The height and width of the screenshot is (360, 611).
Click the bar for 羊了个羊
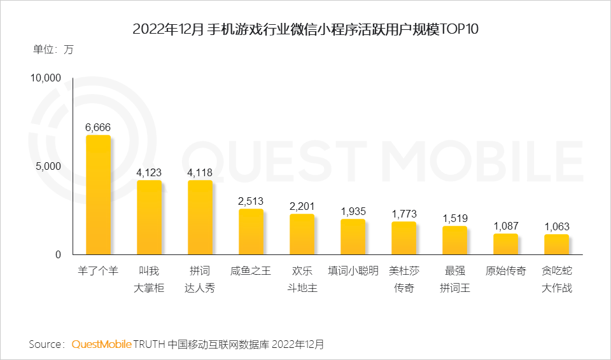pos(98,195)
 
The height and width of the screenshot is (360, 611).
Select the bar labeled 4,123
pos(149,218)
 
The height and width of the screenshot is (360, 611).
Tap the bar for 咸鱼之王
pos(251,232)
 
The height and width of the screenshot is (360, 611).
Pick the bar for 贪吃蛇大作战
pos(556,244)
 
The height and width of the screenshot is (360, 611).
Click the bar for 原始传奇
pos(505,244)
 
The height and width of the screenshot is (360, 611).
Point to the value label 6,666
pos(98,127)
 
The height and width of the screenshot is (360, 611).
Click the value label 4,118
pos(200,172)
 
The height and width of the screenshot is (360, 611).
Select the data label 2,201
pos(302,206)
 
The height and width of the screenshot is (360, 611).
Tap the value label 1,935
pos(353,211)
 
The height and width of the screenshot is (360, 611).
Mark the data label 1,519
pos(454,218)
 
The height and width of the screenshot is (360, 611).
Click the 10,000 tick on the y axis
pos(45,78)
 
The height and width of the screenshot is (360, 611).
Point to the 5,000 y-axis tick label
pos(48,166)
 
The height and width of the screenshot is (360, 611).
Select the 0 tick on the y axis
pos(57,254)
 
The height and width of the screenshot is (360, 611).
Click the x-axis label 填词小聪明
pos(353,271)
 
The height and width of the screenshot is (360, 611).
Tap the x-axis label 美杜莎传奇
pos(404,279)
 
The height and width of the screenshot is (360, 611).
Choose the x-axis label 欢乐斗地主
pos(302,279)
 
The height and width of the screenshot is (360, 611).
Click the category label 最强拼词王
pos(454,279)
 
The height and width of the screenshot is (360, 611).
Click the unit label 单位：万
pos(53,50)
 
